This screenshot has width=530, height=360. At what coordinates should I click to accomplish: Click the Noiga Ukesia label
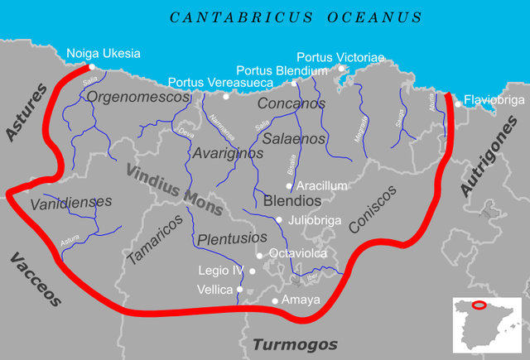coord(103,54)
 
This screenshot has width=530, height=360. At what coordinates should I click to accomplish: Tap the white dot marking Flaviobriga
coord(458,104)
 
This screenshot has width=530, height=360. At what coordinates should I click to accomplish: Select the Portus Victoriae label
coord(340,57)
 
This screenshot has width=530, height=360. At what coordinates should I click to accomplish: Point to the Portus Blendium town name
coord(282,71)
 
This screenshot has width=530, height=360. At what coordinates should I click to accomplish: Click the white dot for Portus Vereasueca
coord(226,96)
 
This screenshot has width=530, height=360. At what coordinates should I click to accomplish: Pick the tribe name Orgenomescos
coord(138,97)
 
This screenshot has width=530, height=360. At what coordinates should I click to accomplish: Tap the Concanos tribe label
coord(291,104)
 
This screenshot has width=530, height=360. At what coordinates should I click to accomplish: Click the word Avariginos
coord(228,153)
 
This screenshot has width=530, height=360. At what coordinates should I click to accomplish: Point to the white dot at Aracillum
coord(289,186)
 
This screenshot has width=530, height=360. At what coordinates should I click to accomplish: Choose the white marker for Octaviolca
coord(260,255)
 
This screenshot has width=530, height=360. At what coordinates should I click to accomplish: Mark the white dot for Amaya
coord(275,300)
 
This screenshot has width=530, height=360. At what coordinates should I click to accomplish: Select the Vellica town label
coord(215,289)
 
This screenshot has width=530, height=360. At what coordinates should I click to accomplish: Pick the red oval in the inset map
coord(478,305)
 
